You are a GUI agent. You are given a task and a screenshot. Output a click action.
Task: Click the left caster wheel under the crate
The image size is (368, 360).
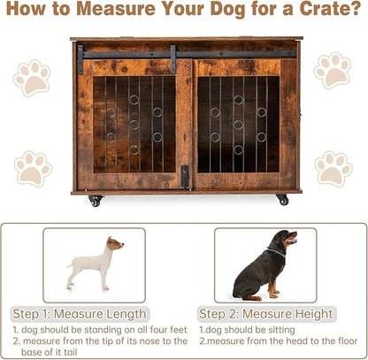(x=95, y=201)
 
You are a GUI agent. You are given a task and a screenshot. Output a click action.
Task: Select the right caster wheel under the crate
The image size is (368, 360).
(x=282, y=200)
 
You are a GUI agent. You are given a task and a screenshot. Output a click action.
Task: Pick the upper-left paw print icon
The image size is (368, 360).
(x=33, y=77)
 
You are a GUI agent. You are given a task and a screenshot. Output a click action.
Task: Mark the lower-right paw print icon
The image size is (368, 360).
(x=333, y=167)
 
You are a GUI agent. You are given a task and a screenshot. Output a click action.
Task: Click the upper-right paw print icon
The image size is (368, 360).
(x=333, y=70)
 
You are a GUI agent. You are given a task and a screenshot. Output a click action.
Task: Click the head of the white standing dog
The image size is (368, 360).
(x=115, y=244)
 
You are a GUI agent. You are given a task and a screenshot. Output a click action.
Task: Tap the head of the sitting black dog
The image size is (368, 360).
(x=285, y=239)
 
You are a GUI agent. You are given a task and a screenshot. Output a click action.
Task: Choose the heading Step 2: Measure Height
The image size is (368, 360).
(x=265, y=314)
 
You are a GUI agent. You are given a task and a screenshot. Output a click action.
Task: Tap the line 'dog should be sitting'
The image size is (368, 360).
(x=240, y=328)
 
